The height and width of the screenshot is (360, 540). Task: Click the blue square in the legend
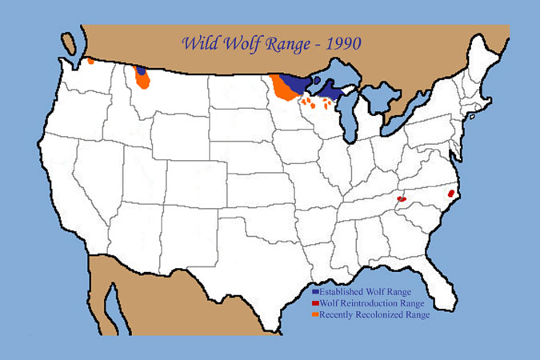tap(315, 292)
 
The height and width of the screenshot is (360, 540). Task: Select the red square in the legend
tap(315, 304)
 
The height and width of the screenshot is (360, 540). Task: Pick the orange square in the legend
tap(315, 315)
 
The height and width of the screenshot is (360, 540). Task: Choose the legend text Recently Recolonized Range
tap(374, 315)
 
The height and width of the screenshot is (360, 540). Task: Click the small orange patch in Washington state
tap(91, 61)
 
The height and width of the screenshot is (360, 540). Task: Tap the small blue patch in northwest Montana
tap(142, 70)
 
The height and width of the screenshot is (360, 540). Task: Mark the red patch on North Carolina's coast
tap(451, 194)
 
